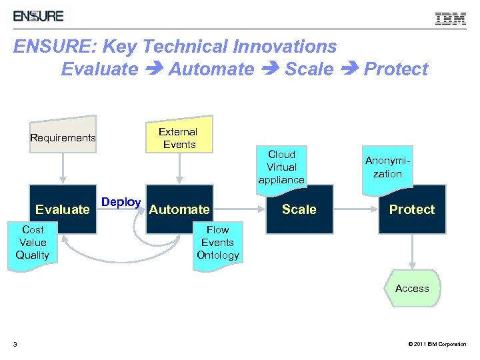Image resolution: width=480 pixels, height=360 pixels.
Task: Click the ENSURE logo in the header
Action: coord(39,16)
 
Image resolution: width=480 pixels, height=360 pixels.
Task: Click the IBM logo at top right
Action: coord(451,19)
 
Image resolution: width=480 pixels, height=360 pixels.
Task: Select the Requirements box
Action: coord(63,137)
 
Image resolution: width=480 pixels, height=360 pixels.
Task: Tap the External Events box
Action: coord(179,138)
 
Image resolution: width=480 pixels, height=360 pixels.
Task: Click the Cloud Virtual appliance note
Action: coord(281,167)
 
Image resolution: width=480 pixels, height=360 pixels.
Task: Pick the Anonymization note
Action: coord(387,167)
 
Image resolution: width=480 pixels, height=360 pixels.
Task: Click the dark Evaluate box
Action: coord(63,209)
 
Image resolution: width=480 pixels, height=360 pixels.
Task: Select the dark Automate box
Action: coord(179,209)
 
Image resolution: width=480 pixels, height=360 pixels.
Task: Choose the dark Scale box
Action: coord(299,209)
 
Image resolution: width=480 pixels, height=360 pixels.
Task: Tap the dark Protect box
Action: coord(411,209)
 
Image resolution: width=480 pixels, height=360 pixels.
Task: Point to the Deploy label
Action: coord(121,202)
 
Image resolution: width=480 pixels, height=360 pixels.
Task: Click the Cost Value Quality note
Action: coord(33,243)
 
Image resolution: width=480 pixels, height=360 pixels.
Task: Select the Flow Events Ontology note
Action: coord(217,243)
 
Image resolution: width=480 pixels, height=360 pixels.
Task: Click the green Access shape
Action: coord(411,289)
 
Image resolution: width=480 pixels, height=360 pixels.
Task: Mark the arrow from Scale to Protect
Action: coord(355,209)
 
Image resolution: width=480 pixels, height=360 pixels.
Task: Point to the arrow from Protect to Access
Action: coord(411,251)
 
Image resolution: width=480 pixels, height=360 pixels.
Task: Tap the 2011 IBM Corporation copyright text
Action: coord(436,344)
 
